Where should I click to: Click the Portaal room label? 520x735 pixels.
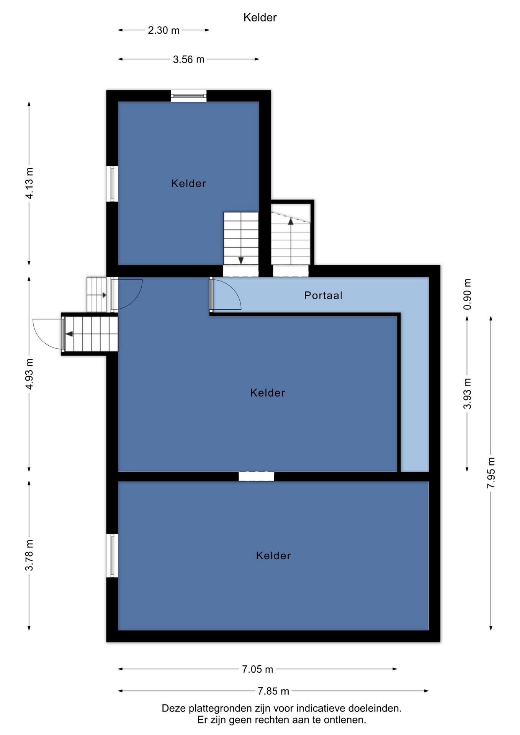323,295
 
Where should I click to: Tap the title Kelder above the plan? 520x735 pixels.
260,17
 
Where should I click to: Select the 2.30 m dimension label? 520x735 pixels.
164,30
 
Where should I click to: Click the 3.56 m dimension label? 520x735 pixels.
188,59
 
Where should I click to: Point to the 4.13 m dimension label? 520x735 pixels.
29,183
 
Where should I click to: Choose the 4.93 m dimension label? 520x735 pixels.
29,374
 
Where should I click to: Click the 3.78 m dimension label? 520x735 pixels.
29,555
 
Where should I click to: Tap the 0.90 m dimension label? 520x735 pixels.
467,294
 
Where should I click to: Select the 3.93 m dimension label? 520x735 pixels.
467,393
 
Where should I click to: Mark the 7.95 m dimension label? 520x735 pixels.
491,473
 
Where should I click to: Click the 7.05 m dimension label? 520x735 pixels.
257,669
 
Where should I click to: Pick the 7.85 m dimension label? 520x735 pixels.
273,691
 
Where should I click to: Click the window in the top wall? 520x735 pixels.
188,96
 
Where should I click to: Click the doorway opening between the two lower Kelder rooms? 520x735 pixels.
256,476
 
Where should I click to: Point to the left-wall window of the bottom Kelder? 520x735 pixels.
112,555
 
